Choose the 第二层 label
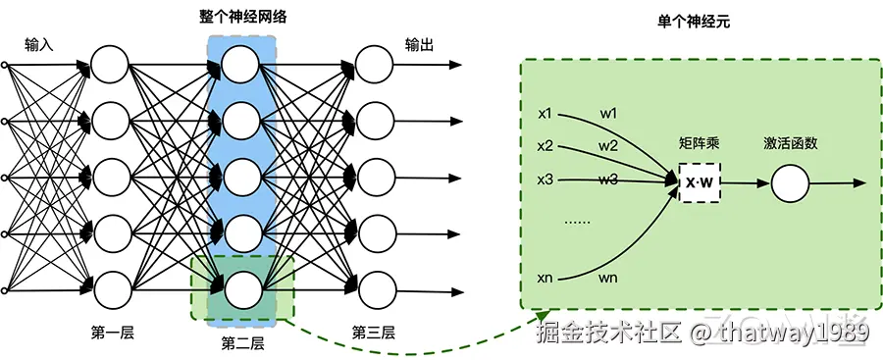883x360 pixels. click(x=242, y=343)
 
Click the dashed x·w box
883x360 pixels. click(x=699, y=183)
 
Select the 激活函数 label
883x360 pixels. click(x=790, y=143)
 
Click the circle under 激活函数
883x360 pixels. click(x=790, y=183)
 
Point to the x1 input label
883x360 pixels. click(x=545, y=113)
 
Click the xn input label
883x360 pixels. click(x=545, y=279)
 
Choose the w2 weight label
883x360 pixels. click(x=608, y=146)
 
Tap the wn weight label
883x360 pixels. click(x=608, y=279)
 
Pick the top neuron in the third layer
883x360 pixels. click(x=373, y=66)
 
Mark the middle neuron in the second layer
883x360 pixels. click(x=241, y=178)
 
